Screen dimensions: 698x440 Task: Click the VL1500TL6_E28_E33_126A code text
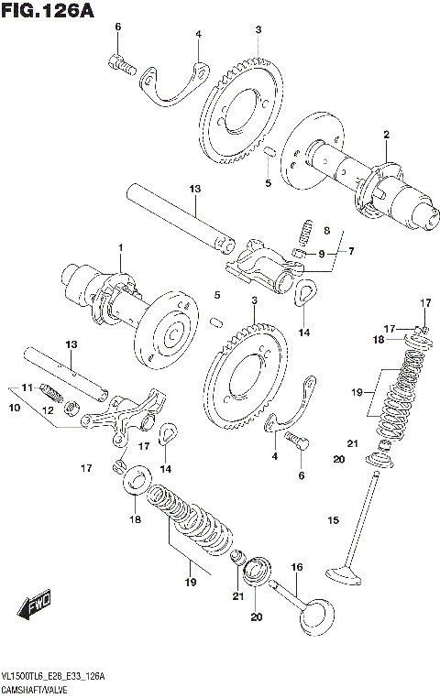[53, 675]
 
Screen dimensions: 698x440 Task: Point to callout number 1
[118, 248]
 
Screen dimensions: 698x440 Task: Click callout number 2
[386, 136]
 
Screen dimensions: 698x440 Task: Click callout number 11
[27, 387]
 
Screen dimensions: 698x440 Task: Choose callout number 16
[296, 568]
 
